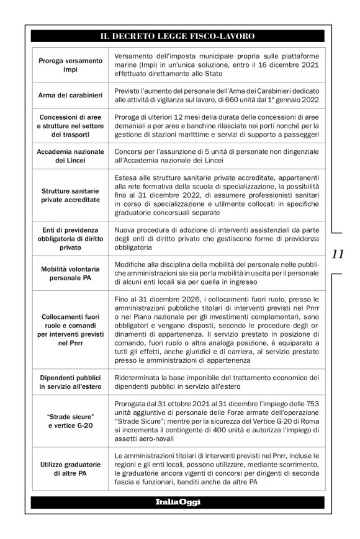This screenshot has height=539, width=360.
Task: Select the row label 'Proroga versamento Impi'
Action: pyautogui.click(x=70, y=66)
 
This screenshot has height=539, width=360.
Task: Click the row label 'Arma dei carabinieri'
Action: pyautogui.click(x=70, y=94)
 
